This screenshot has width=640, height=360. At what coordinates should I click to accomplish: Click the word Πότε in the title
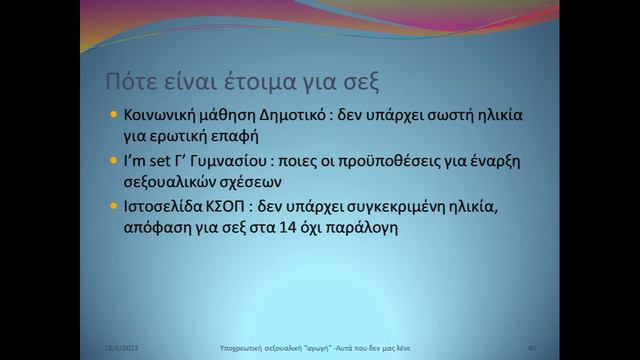(131, 80)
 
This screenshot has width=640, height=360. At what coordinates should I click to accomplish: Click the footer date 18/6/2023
(122, 347)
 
